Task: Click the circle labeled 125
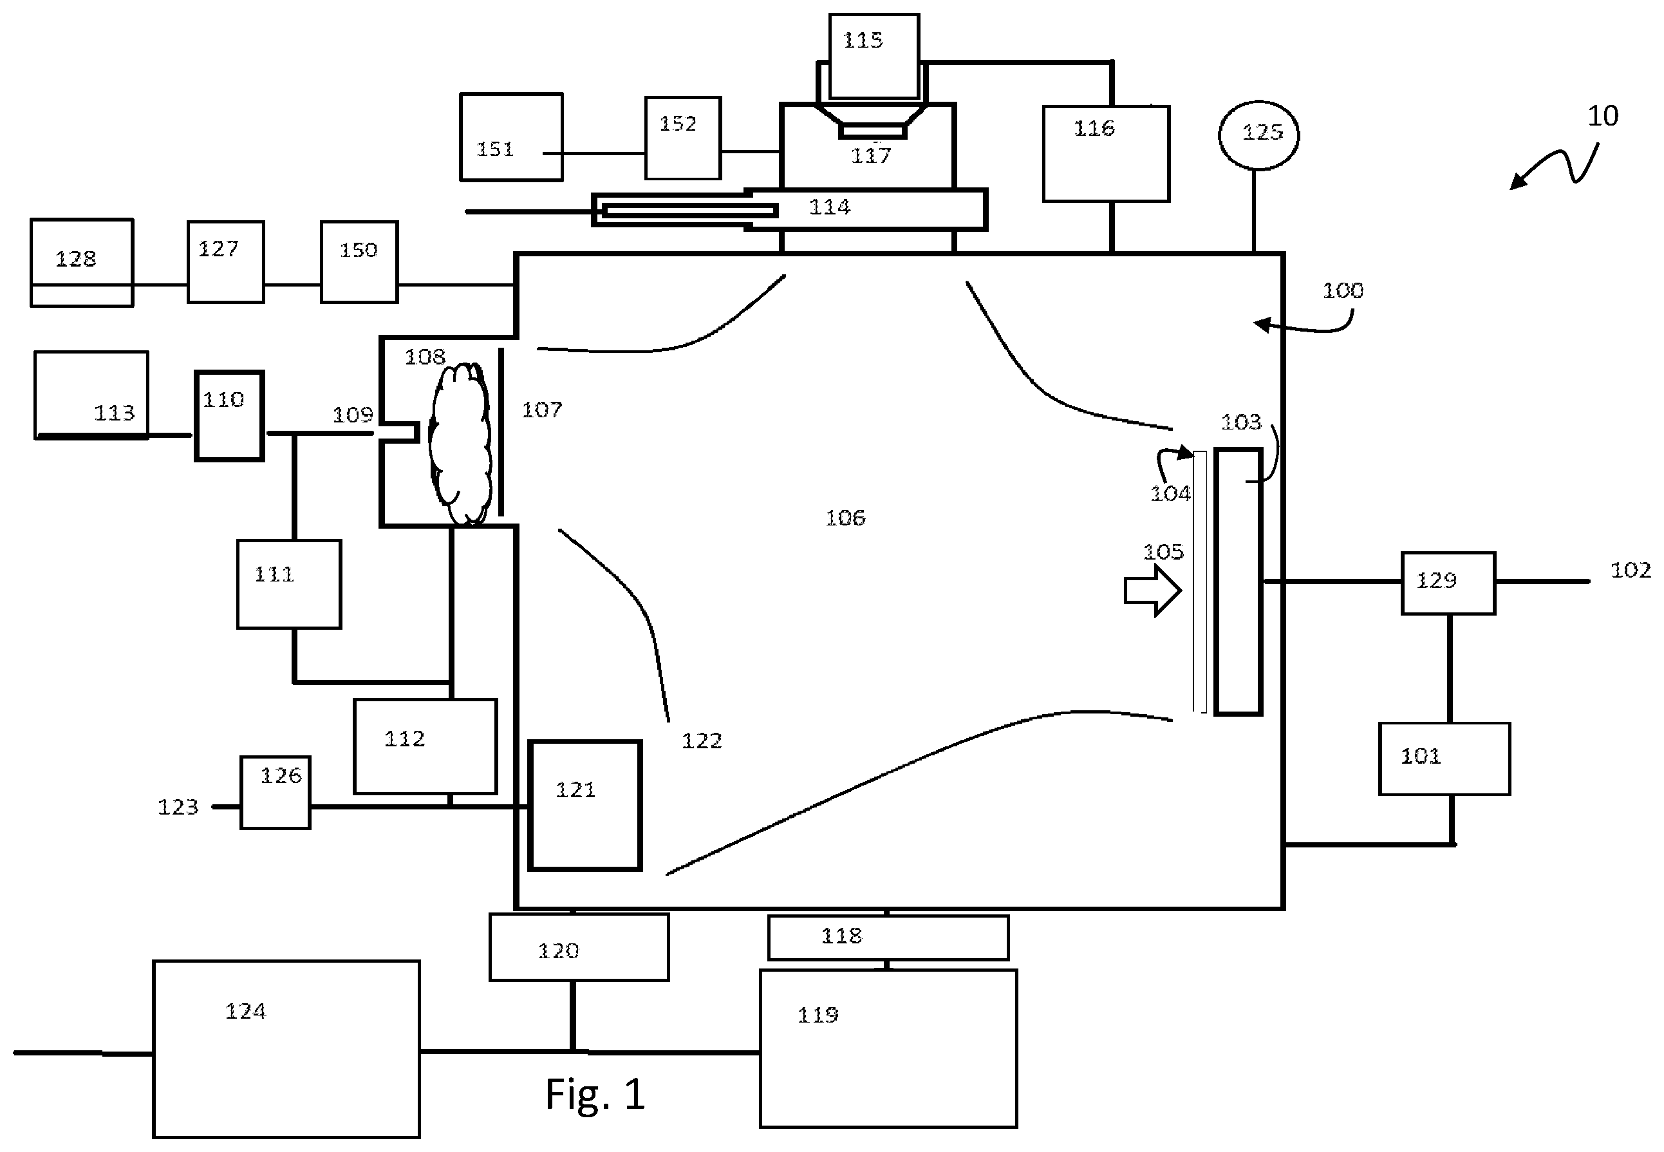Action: pos(1258,135)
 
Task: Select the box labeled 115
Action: pos(874,55)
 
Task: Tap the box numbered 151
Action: pos(511,137)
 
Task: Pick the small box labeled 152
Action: pos(682,138)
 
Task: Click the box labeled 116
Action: pos(1106,154)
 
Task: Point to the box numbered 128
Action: pos(82,263)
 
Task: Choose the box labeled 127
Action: pos(226,262)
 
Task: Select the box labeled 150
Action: pos(359,262)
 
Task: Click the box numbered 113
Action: pos(91,395)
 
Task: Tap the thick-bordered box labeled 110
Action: pos(229,416)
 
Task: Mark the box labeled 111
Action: pos(290,584)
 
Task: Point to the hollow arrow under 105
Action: pos(1152,590)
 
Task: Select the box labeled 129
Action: pos(1448,583)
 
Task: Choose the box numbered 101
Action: pos(1444,759)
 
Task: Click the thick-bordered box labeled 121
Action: pos(585,805)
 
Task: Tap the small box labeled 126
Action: pos(276,793)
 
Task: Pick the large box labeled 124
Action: pos(286,1049)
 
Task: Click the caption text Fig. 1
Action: pos(595,1093)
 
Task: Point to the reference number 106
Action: pos(845,518)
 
